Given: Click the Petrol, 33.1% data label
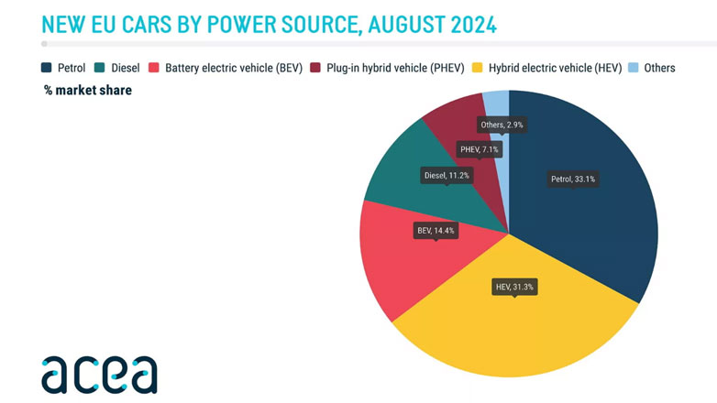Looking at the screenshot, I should point(572,179).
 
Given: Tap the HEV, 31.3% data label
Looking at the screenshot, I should point(514,287).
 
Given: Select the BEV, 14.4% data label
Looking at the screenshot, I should point(436,231).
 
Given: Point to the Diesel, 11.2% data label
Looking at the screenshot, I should point(447,174).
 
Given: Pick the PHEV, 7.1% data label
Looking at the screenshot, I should point(480,148).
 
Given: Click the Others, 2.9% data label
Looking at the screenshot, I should point(503,124).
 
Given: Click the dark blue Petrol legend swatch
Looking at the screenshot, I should point(47,68).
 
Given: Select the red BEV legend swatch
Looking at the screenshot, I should point(154,68).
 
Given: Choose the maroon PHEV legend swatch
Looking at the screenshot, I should point(316,68).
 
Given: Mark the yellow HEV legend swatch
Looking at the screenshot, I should point(477,68).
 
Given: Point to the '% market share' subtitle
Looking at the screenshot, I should point(88,90).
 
